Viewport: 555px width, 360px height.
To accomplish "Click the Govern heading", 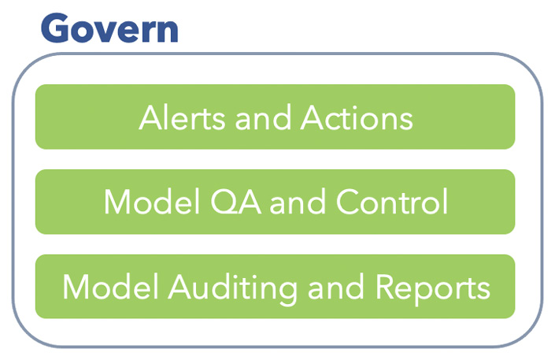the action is (x=109, y=28).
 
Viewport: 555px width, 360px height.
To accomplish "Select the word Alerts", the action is (x=182, y=118).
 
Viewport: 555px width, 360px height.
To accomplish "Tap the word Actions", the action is (x=357, y=118).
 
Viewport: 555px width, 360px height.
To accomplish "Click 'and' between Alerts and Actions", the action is (x=263, y=118).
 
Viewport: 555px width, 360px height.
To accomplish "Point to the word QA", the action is (x=235, y=202).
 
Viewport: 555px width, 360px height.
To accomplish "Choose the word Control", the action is (x=392, y=202).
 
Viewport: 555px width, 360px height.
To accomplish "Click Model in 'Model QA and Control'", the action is (x=152, y=202).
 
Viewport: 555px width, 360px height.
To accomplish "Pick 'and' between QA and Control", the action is (x=298, y=202).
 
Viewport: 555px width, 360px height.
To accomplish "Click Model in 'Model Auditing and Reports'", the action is (x=110, y=287).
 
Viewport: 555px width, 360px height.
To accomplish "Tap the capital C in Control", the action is (x=347, y=202).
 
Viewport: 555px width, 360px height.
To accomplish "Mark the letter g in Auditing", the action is (x=286, y=293).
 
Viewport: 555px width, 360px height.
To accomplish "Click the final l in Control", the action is (x=446, y=201).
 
